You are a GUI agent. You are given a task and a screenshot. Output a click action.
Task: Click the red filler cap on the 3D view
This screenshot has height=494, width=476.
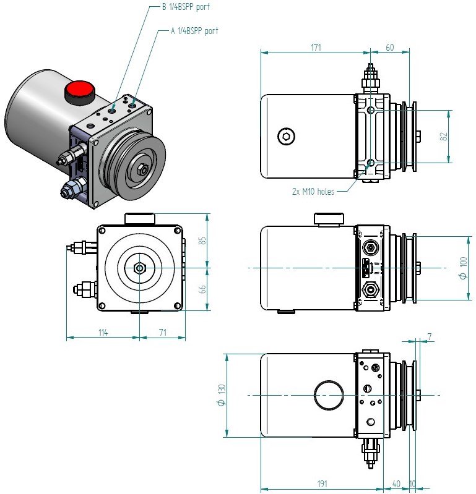[x=79, y=91]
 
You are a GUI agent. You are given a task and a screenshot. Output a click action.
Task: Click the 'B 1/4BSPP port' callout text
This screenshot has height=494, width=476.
[x=184, y=7]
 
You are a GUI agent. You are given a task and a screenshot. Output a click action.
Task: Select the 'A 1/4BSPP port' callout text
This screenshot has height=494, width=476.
[x=194, y=30]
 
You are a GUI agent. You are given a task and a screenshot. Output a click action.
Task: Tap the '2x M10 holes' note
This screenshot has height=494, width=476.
[x=313, y=192]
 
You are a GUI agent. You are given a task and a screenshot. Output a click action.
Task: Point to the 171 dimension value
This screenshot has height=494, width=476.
[x=316, y=47]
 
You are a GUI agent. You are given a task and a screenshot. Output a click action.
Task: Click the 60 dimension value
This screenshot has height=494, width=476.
[x=390, y=47]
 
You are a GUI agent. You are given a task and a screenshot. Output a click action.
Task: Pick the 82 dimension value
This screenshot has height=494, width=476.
[x=443, y=137]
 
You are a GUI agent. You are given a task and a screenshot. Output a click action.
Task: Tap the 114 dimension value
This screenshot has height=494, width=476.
[x=103, y=333]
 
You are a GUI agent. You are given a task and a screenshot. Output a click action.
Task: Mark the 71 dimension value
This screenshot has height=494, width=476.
[x=163, y=333]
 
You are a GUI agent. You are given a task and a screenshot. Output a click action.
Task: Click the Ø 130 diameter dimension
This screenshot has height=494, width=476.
[x=221, y=394]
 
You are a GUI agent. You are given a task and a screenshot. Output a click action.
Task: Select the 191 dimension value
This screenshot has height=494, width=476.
[x=321, y=483]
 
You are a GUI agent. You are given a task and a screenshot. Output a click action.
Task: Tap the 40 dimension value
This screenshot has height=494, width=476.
[x=396, y=483]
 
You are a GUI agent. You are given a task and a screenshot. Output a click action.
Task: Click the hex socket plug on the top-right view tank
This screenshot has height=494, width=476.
[x=286, y=137]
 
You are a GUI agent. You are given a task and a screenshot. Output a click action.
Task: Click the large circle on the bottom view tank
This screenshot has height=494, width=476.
[x=329, y=394]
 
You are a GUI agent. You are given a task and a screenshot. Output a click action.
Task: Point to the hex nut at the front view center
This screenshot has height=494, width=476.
[x=139, y=268]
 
